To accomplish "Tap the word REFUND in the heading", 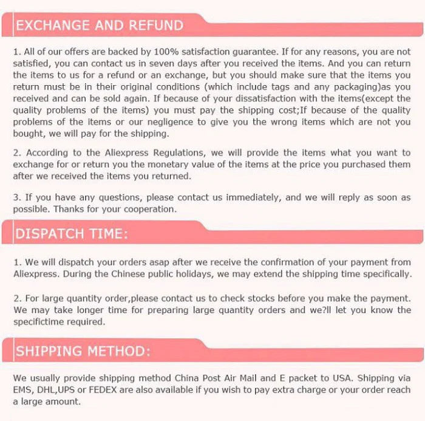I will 154,25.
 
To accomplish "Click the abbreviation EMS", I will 23,389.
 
